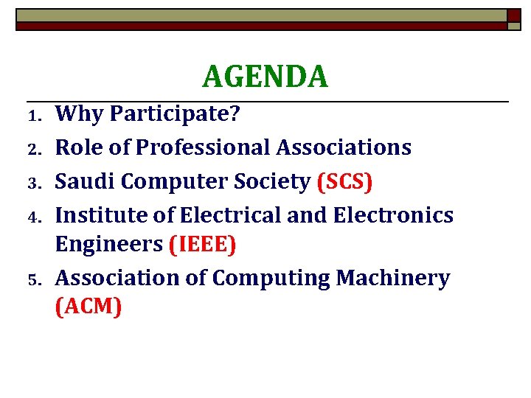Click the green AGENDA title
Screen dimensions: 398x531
pos(265,76)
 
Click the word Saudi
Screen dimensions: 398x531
pos(83,181)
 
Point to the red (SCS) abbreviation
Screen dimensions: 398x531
pos(344,182)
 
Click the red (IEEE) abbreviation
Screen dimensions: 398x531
pos(203,245)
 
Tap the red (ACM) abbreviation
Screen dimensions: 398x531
pos(88,307)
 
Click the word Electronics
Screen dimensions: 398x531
pos(393,215)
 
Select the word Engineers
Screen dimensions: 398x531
pos(109,245)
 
